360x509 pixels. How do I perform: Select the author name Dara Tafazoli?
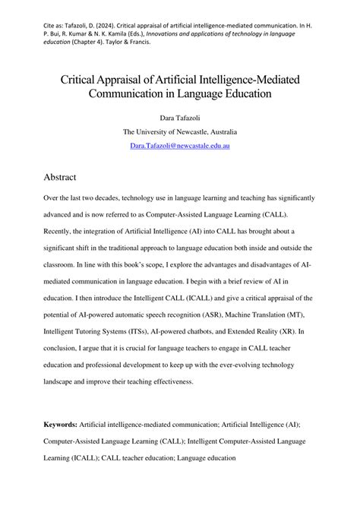click(x=179, y=118)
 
